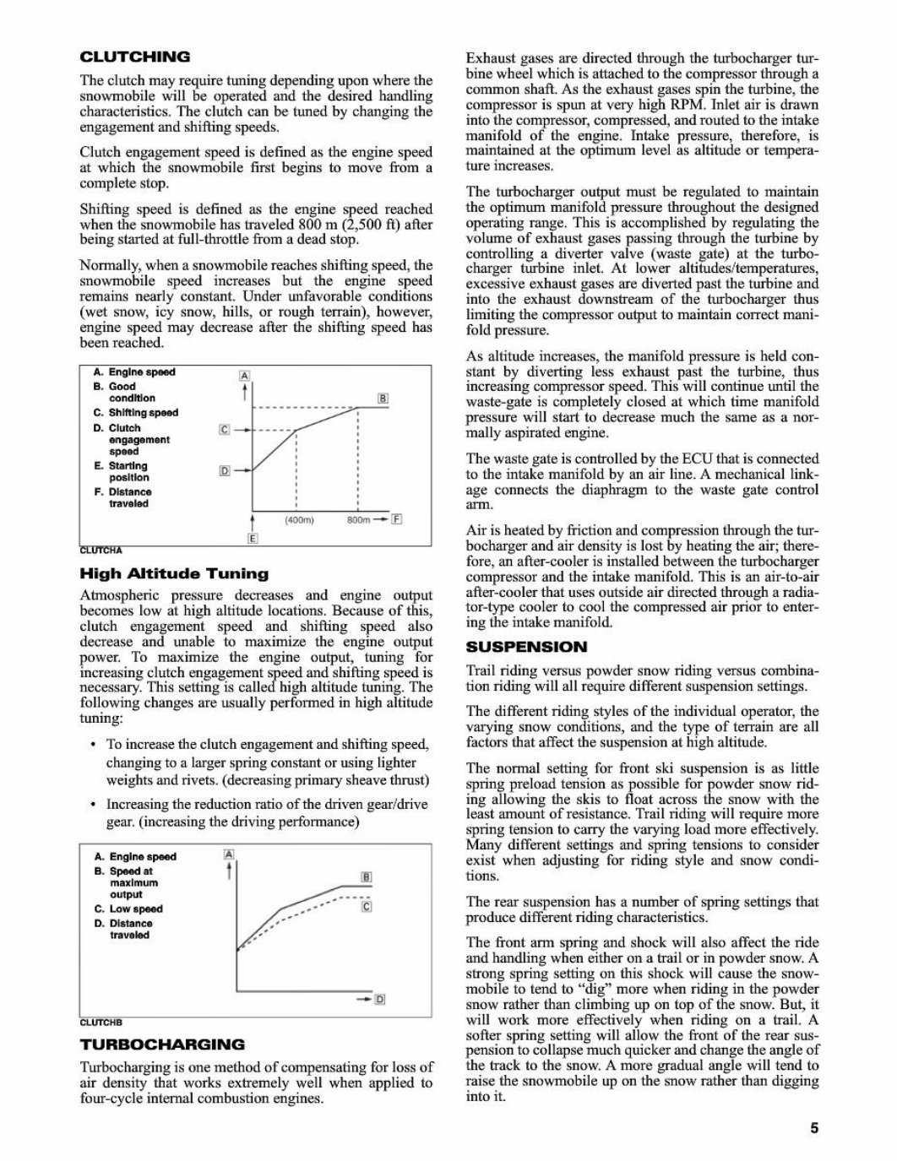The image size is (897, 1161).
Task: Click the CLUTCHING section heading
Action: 134,57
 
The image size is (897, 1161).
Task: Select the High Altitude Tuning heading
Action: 174,573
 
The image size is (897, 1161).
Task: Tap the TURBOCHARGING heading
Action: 162,1044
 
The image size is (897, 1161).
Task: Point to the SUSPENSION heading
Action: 526,647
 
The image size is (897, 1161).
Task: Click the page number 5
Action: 814,1128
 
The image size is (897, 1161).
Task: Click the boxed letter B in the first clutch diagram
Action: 383,399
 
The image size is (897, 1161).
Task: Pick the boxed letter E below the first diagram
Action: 252,539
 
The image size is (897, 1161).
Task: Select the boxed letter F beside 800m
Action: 397,519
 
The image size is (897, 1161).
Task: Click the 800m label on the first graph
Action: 360,520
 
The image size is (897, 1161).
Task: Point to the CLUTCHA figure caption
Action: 101,551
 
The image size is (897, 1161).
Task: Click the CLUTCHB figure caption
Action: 101,1023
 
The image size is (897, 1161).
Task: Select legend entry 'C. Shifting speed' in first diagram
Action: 136,413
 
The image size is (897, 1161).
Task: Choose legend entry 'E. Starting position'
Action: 122,471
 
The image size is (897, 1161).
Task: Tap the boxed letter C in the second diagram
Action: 366,907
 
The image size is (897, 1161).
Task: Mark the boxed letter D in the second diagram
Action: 379,1000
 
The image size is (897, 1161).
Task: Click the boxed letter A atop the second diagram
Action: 226,854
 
